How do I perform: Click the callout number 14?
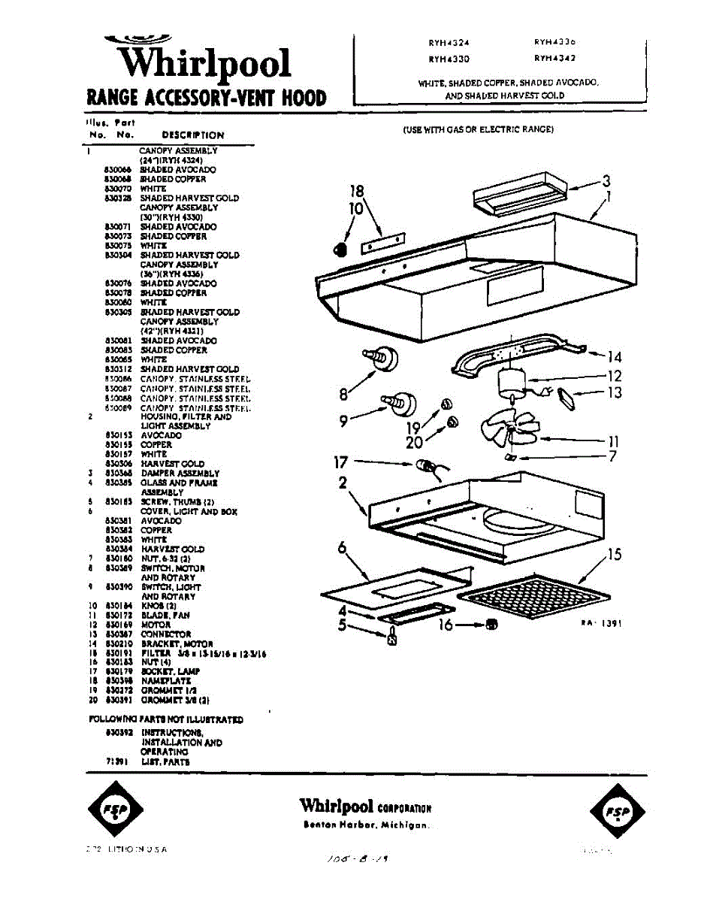pos(615,357)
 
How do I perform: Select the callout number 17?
pos(340,462)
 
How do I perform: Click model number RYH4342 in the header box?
pos(555,58)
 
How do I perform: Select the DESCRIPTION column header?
pos(193,135)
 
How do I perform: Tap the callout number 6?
pos(343,549)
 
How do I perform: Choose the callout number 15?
pos(615,555)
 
